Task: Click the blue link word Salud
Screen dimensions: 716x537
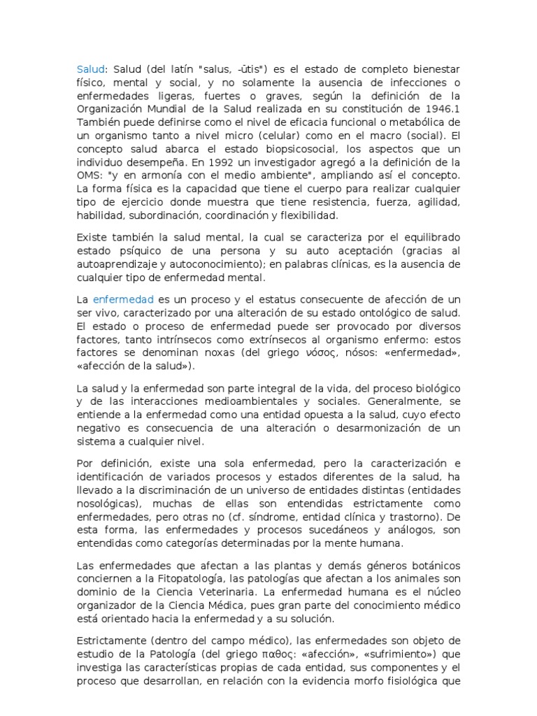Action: (x=89, y=69)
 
